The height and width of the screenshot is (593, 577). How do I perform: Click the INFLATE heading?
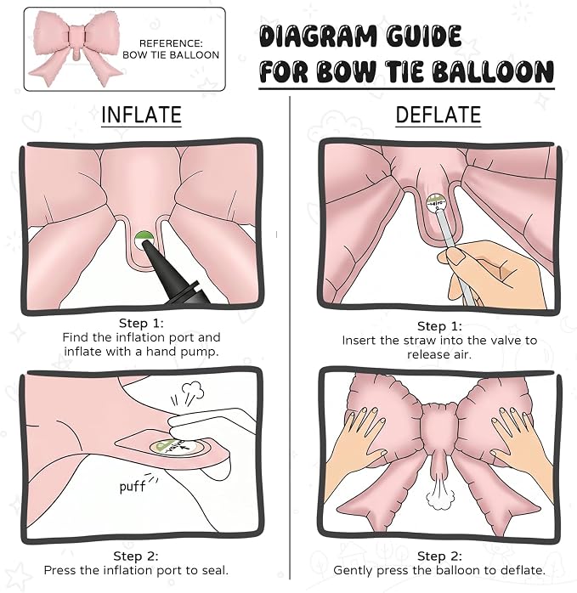click(141, 115)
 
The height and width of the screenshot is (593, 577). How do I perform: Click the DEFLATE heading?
click(438, 115)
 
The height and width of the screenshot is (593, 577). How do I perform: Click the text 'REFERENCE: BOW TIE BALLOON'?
click(171, 49)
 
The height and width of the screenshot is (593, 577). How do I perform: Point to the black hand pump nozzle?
click(173, 275)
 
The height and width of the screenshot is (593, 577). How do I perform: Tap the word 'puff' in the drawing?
click(132, 486)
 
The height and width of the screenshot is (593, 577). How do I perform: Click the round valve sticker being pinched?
click(176, 448)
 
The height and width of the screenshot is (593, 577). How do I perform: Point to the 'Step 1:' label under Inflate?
click(141, 324)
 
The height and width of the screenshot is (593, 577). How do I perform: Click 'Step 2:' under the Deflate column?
click(439, 556)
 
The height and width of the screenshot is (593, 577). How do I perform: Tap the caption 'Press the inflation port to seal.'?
click(136, 570)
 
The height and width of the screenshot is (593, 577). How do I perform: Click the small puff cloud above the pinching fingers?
click(193, 391)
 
